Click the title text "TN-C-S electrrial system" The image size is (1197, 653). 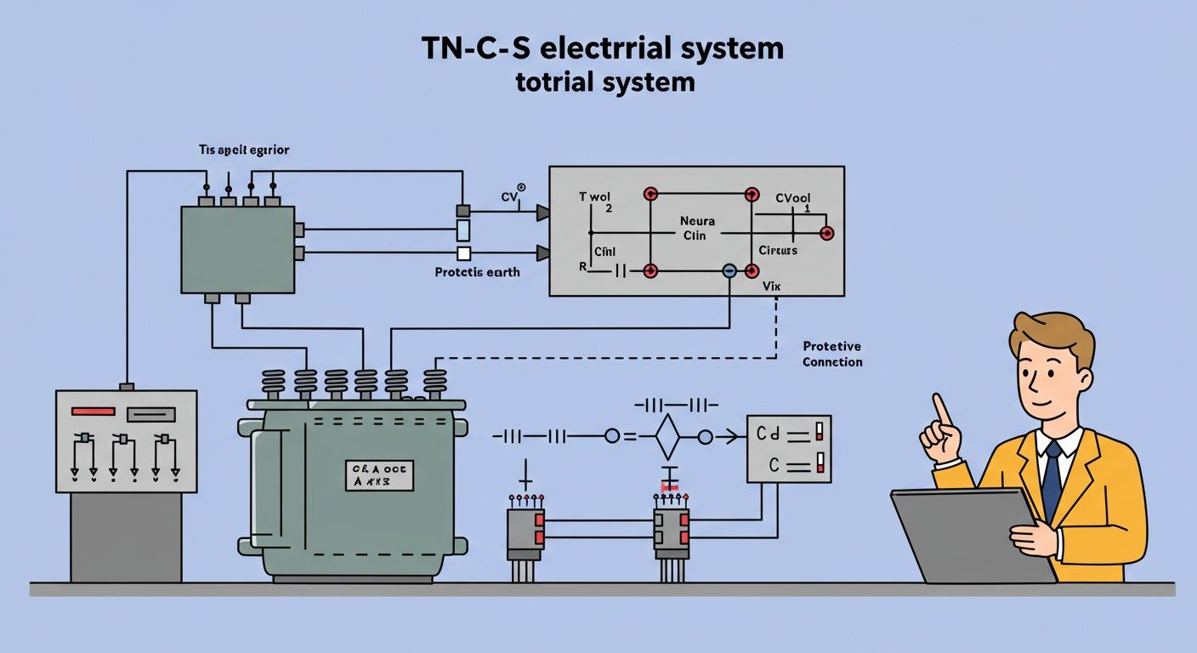pyautogui.click(x=602, y=48)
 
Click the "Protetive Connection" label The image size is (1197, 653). pyautogui.click(x=832, y=354)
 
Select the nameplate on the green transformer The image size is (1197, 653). pyautogui.click(x=379, y=475)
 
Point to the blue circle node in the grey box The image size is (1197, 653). pyautogui.click(x=729, y=271)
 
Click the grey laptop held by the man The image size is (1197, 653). pyautogui.click(x=969, y=536)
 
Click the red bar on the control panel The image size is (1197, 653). pyautogui.click(x=93, y=412)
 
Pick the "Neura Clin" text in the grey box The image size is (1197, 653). pyautogui.click(x=697, y=228)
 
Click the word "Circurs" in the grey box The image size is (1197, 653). pyautogui.click(x=778, y=251)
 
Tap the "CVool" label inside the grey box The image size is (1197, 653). pyautogui.click(x=793, y=199)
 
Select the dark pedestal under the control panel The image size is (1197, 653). pyautogui.click(x=126, y=537)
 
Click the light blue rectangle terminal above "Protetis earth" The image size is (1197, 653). pyautogui.click(x=463, y=230)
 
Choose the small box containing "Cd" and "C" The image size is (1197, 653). pyautogui.click(x=788, y=449)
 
